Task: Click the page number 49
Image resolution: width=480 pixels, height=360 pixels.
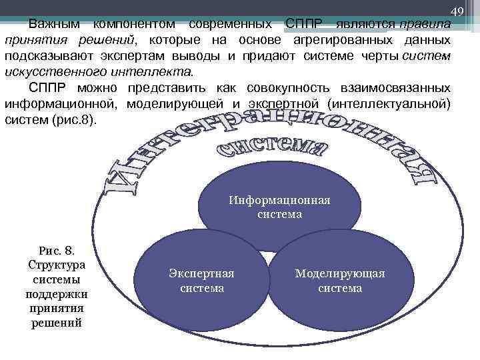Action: pos(457,11)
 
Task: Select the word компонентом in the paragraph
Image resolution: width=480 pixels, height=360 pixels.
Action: pos(136,23)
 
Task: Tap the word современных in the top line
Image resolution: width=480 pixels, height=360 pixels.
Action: pos(229,23)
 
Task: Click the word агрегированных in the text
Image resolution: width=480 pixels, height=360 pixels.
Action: pos(336,40)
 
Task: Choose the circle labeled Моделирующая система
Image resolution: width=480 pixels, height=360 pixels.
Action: pos(340,281)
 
